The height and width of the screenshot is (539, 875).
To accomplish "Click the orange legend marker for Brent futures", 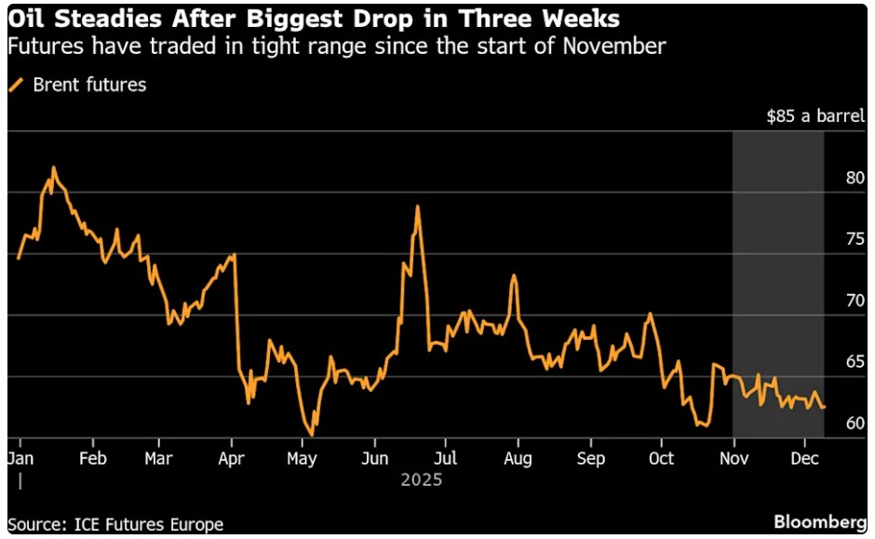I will (x=16, y=86).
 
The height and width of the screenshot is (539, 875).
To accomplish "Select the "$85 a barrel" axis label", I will (x=815, y=117).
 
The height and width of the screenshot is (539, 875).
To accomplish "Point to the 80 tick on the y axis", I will (x=855, y=179).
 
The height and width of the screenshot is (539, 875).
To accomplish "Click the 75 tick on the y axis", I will (x=855, y=240).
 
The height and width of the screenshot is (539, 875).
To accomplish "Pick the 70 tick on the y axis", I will (x=855, y=302).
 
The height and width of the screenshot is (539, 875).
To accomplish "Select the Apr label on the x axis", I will (x=231, y=459).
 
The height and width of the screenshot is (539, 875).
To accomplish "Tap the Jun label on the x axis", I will (x=374, y=459).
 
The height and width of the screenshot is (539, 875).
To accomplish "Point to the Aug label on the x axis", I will (x=518, y=459).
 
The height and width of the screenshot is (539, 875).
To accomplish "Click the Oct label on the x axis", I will (x=661, y=459).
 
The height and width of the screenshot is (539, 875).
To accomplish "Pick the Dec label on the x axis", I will (x=805, y=459).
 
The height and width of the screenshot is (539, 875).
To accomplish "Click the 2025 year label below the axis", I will (x=421, y=481).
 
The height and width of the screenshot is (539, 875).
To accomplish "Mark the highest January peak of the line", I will (x=54, y=168).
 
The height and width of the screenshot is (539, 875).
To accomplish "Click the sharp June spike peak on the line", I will (x=418, y=206).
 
